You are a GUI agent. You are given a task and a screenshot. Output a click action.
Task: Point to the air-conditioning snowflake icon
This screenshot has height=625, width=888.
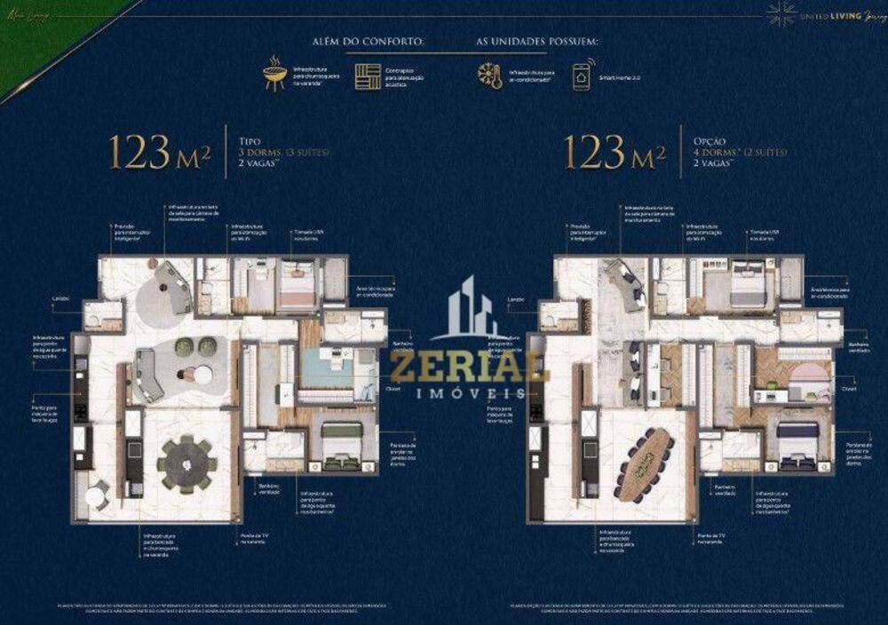489,75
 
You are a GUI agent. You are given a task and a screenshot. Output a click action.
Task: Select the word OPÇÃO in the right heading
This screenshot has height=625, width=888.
710,140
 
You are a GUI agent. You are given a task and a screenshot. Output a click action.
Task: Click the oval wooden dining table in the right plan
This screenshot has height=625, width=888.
646,462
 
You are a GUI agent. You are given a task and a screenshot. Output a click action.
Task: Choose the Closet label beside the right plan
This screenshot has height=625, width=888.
849,388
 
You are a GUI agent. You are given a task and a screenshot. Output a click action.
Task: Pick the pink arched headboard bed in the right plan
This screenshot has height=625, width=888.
810,373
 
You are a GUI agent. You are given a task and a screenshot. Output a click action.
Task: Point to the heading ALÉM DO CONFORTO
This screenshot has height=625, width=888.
380,42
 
